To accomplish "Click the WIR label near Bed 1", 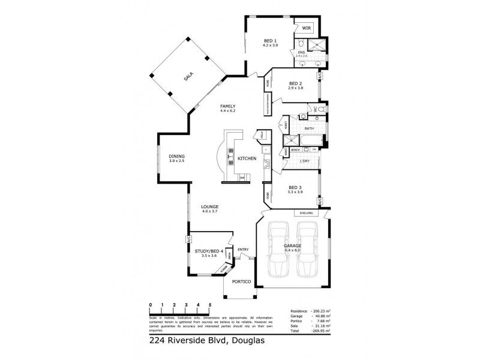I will coord(306,28).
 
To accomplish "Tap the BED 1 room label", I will coord(270,41).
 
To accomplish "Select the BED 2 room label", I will coord(295,83).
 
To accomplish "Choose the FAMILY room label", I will coord(228,106).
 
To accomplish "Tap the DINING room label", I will coord(177,157).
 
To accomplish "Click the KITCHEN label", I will coord(247,158).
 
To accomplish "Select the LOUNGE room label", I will coord(209,207).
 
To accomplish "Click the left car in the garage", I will coord(278,249).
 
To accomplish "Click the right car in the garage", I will coord(307,249).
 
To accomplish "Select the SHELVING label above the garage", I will coord(306,213).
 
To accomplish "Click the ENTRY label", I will coord(243,250).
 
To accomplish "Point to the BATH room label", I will coord(309,128).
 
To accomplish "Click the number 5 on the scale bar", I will coord(210,305).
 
